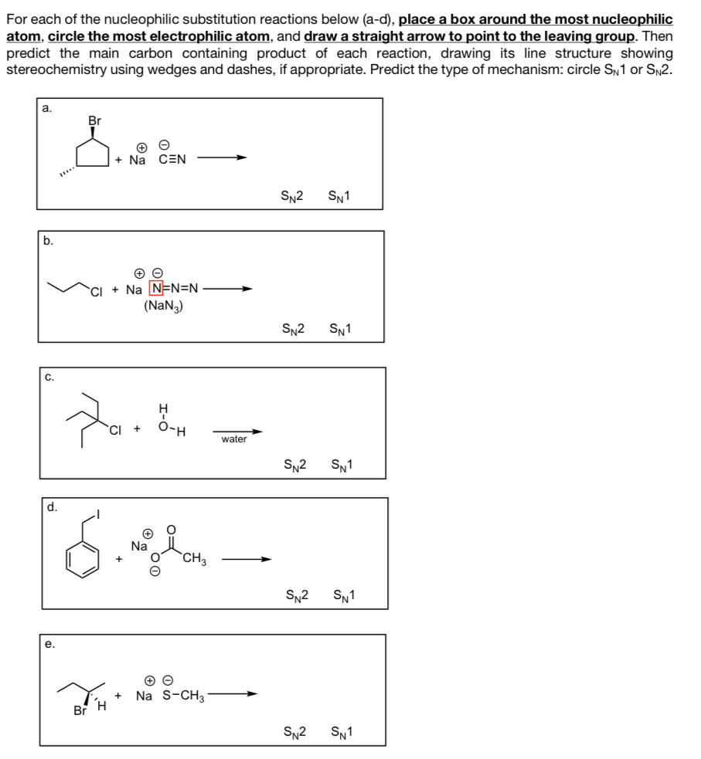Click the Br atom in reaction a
point(94,120)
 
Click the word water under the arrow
point(234,439)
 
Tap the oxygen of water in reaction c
point(162,424)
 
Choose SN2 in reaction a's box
point(293,196)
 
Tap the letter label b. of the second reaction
point(49,241)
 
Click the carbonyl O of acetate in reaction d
point(171,530)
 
